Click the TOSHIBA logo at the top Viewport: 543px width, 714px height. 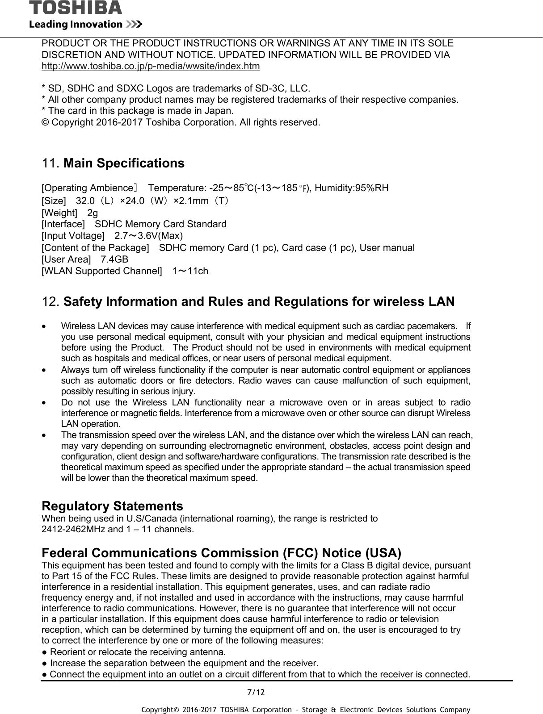click(75, 8)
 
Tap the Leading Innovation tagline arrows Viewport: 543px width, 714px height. click(134, 24)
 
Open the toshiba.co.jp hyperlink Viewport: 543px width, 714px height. click(150, 67)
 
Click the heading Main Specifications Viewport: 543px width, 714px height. click(124, 163)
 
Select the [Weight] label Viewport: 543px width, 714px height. click(59, 213)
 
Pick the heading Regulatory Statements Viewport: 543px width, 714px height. click(112, 506)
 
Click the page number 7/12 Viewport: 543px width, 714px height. click(256, 693)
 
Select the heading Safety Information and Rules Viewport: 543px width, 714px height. click(259, 301)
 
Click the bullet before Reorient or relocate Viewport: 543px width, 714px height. click(45, 652)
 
